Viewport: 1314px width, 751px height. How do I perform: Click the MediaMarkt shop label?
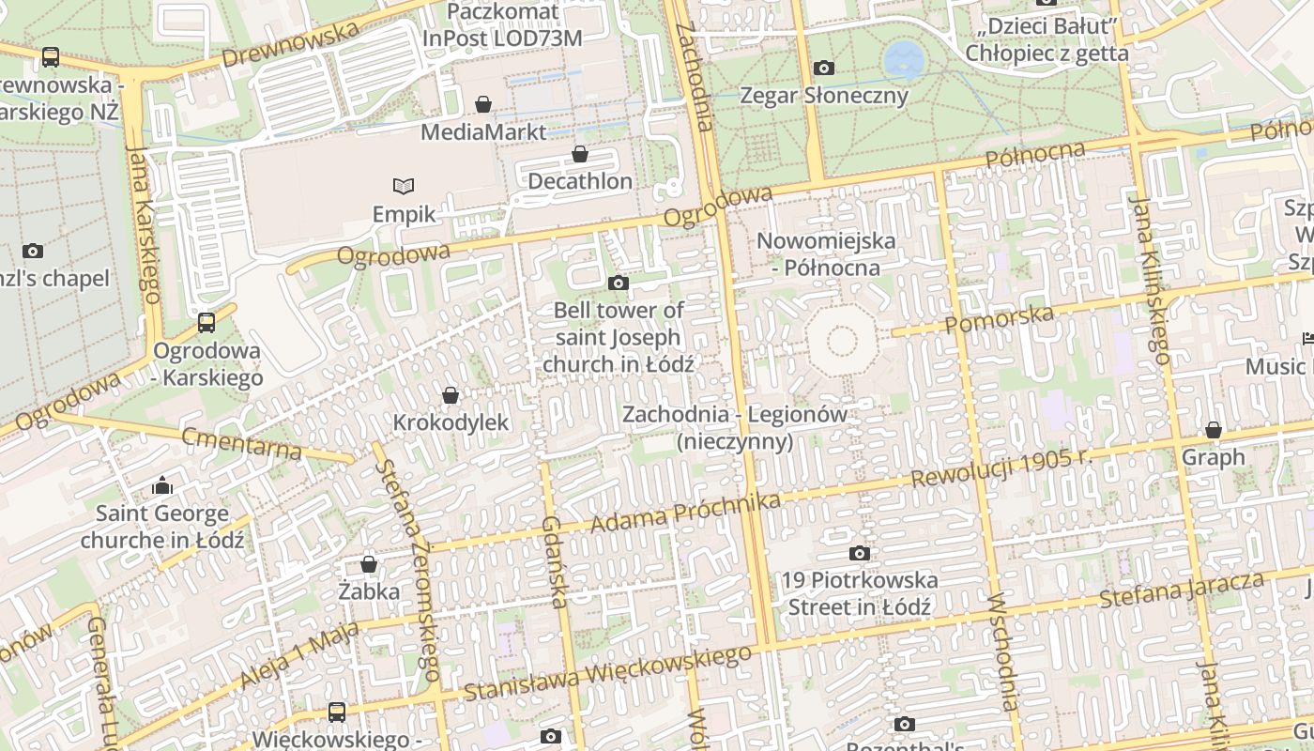tap(482, 131)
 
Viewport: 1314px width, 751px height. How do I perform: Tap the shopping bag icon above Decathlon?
tap(580, 154)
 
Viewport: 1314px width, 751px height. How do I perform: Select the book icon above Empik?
tap(404, 187)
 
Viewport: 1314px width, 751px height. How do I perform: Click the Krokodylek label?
tap(451, 422)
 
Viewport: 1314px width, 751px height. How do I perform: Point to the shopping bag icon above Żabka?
tap(369, 564)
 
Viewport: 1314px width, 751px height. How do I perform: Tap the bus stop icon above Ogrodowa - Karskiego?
tap(206, 323)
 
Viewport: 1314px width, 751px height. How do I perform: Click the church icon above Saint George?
tap(162, 485)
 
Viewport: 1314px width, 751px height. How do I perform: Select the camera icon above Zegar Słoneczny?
tap(824, 68)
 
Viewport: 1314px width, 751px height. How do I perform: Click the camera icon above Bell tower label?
tap(619, 283)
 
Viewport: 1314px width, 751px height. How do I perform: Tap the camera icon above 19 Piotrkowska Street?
tap(859, 553)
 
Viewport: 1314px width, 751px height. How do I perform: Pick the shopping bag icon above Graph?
tap(1214, 430)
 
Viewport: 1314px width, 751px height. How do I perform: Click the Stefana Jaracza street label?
tap(1182, 590)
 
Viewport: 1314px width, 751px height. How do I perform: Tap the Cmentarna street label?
tap(242, 443)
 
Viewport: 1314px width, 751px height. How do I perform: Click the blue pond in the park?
tap(904, 59)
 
